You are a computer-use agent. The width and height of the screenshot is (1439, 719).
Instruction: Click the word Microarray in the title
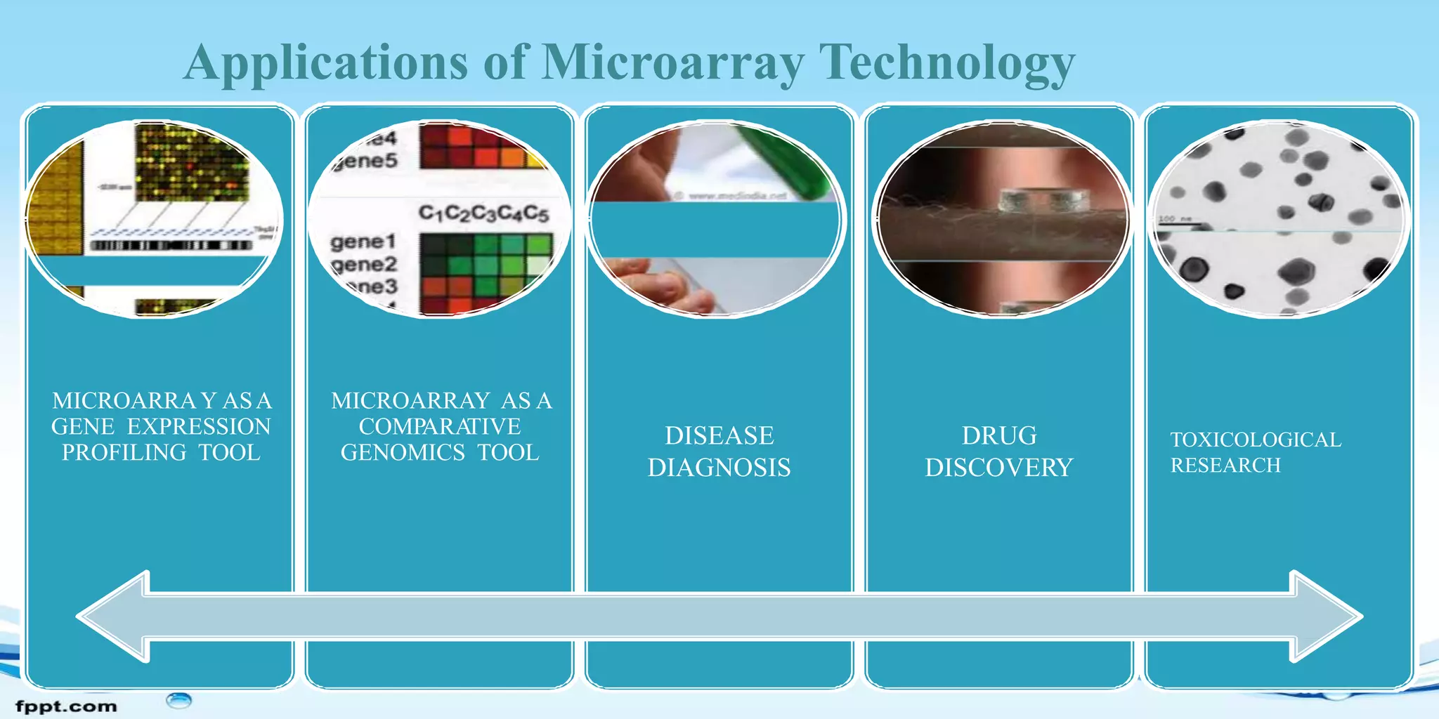[x=672, y=63]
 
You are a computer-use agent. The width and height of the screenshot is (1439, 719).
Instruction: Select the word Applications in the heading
[x=326, y=63]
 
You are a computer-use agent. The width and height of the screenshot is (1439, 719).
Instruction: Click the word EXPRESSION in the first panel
[x=199, y=426]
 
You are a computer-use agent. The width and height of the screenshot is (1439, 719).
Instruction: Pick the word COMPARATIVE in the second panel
[x=440, y=426]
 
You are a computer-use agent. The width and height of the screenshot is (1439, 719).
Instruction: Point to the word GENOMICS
[x=403, y=452]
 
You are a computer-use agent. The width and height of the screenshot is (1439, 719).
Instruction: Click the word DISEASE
[x=719, y=436]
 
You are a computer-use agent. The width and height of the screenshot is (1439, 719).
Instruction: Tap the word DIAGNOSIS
[x=719, y=468]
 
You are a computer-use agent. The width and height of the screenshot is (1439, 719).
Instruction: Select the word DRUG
[x=998, y=436]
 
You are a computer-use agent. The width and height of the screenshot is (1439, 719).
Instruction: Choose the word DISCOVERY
[x=998, y=468]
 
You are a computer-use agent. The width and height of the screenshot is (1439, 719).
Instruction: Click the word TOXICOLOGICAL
[x=1256, y=440]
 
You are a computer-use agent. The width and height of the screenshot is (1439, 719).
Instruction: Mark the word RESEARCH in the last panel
[x=1225, y=465]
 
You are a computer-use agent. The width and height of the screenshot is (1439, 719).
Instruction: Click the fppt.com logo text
[x=66, y=706]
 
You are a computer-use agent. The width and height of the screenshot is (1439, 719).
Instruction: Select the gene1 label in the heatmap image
[x=363, y=242]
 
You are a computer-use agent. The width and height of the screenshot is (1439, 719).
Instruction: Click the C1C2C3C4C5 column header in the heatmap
[x=483, y=213]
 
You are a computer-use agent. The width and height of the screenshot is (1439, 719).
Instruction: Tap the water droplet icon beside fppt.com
[x=179, y=700]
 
